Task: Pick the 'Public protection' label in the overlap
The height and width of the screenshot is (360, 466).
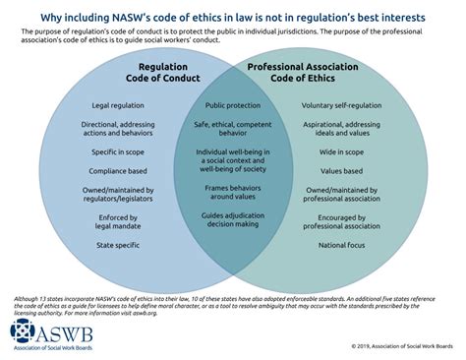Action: pyautogui.click(x=232, y=104)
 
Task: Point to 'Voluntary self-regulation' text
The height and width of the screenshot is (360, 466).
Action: pyautogui.click(x=342, y=104)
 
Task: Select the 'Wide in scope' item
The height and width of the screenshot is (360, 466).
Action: pyautogui.click(x=342, y=152)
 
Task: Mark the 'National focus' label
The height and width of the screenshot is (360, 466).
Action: pyautogui.click(x=342, y=242)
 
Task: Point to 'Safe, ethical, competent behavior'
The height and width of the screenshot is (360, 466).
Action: pyautogui.click(x=232, y=129)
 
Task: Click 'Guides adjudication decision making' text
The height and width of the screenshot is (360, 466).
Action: pyautogui.click(x=232, y=219)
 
